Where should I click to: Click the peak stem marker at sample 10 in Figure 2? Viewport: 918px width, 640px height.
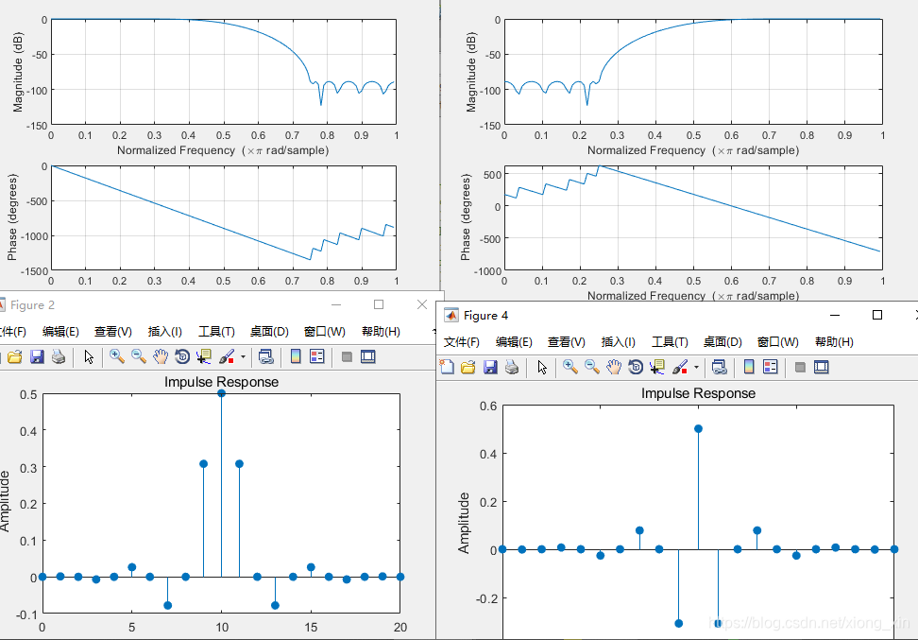pyautogui.click(x=221, y=393)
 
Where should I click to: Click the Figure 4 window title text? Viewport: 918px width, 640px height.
pyautogui.click(x=485, y=315)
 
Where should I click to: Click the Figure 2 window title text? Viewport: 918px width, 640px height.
pyautogui.click(x=32, y=304)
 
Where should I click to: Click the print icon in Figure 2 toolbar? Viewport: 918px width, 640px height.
pyautogui.click(x=58, y=356)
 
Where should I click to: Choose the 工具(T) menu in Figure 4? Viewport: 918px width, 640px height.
pyautogui.click(x=669, y=341)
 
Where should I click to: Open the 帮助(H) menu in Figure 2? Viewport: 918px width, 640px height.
pyautogui.click(x=381, y=332)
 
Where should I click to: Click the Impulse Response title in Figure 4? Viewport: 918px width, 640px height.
pyautogui.click(x=698, y=392)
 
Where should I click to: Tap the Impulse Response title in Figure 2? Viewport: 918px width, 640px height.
pyautogui.click(x=221, y=382)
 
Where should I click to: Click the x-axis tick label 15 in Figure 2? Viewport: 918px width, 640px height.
pyautogui.click(x=311, y=627)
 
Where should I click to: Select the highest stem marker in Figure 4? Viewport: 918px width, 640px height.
pyautogui.click(x=698, y=428)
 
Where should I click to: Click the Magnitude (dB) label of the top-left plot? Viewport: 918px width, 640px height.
pyautogui.click(x=17, y=73)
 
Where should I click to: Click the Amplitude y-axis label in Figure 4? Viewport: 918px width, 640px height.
pyautogui.click(x=464, y=522)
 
